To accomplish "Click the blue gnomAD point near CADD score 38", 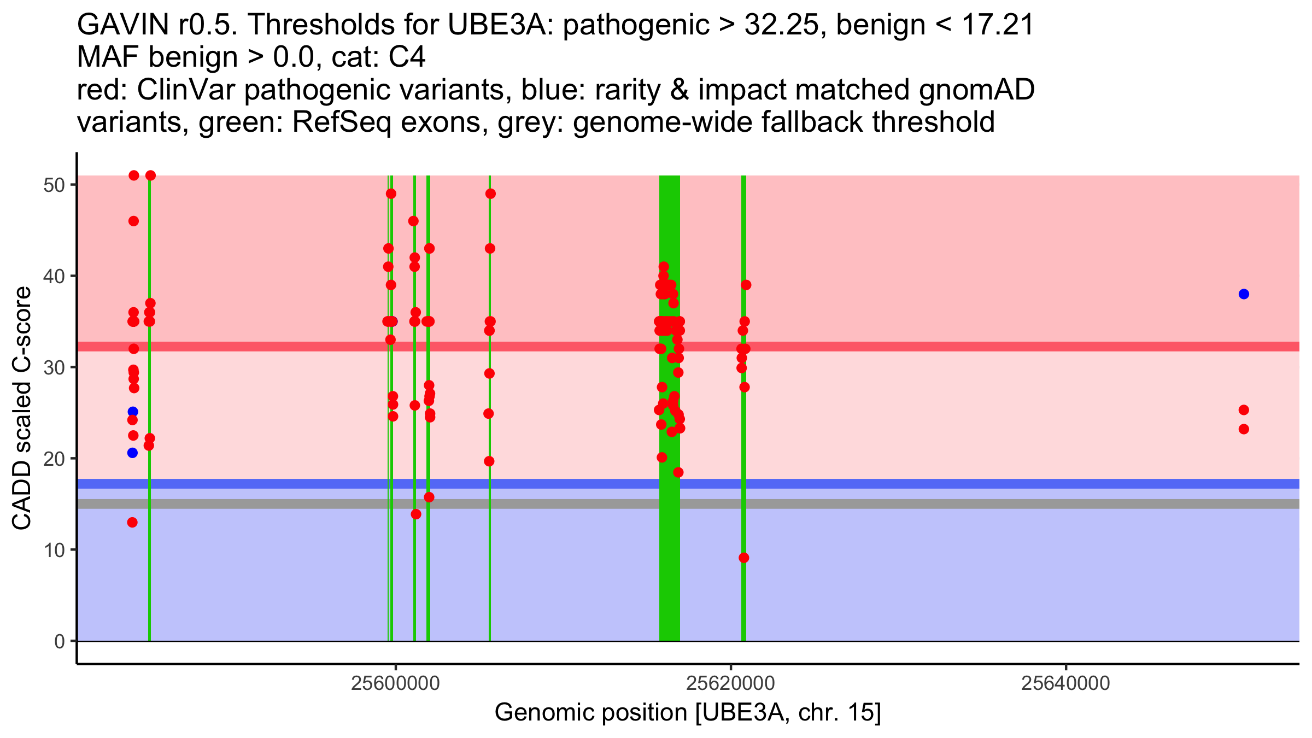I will (1244, 294).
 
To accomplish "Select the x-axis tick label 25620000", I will (731, 683).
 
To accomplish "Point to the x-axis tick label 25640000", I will (1066, 683).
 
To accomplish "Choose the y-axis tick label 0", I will (59, 641).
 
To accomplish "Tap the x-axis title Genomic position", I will (688, 713).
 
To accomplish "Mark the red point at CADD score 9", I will (743, 558).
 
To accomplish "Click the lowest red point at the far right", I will (1244, 429).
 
